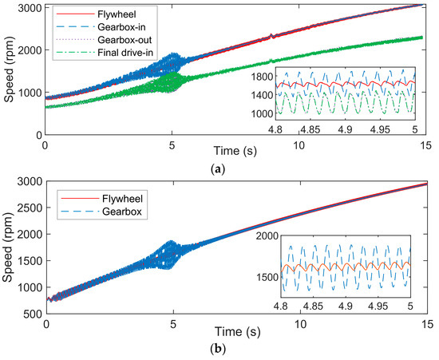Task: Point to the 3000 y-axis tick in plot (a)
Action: (x=29, y=7)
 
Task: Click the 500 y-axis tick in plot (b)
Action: (x=32, y=315)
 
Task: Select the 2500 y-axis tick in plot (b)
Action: (x=29, y=218)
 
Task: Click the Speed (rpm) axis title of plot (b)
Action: (x=9, y=254)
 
